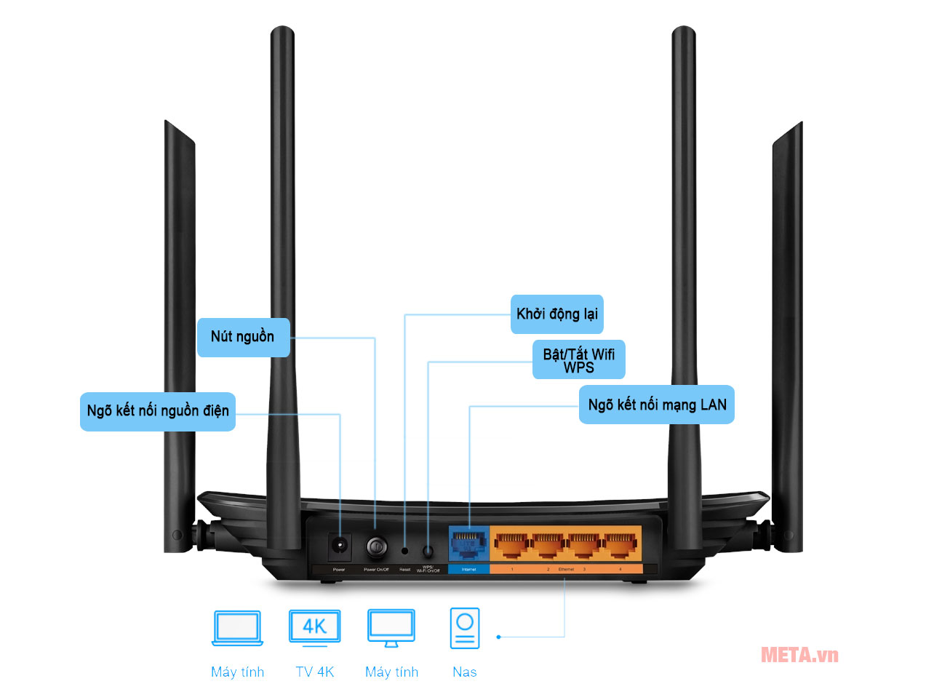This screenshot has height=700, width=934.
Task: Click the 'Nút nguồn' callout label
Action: pos(243,337)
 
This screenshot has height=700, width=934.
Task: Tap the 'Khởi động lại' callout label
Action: pos(556,314)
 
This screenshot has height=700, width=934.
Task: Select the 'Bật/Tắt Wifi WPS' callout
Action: pos(578,360)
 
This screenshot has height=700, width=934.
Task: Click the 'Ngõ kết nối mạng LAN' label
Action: pos(656,405)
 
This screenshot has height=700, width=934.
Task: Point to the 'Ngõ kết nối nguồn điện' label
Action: pos(158,411)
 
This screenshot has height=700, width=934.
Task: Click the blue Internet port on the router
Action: pos(468,544)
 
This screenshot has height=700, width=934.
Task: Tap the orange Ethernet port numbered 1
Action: pos(512,544)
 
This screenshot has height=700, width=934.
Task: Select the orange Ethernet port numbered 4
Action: pos(620,544)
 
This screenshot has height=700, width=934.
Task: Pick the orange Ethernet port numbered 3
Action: pos(584,544)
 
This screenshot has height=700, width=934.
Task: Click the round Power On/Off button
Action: pos(376,546)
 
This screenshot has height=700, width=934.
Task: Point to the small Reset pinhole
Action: pos(405,551)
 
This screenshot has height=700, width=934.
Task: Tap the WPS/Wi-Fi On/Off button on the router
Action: pos(428,552)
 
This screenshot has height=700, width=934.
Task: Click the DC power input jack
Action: pos(339,545)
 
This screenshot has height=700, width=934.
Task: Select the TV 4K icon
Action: pos(314,627)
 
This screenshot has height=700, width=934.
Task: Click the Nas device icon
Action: pos(465,628)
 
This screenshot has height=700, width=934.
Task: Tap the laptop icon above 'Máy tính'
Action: pos(237,628)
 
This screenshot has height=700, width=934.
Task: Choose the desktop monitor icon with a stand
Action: pos(391,628)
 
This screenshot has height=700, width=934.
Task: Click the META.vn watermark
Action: pos(799,655)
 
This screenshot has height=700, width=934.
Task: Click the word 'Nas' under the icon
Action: pos(465,672)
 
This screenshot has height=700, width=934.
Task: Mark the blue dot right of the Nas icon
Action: pos(498,637)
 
